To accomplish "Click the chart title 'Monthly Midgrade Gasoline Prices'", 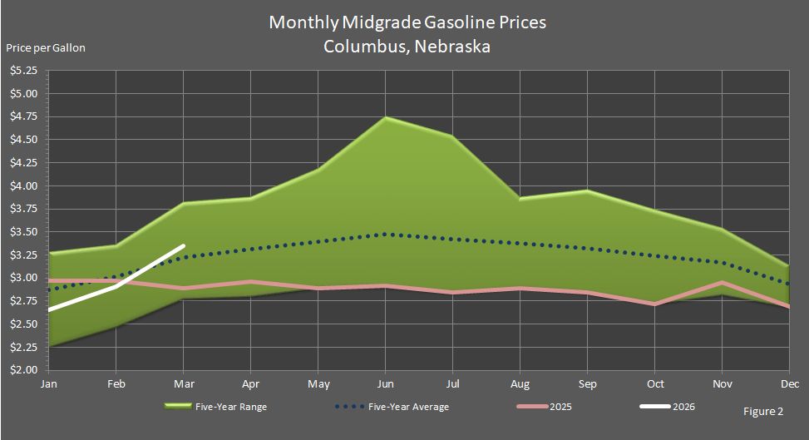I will pyautogui.click(x=407, y=22).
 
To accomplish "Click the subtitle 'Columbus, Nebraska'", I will pyautogui.click(x=407, y=47).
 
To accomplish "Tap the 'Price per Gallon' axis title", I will pyautogui.click(x=46, y=47).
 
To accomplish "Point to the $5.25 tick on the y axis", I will pyautogui.click(x=23, y=71).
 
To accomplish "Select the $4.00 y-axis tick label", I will pyautogui.click(x=23, y=185).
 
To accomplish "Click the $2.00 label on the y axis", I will pyautogui.click(x=23, y=369).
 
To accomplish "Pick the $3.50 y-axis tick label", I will pyautogui.click(x=23, y=231).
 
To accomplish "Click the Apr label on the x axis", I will pyautogui.click(x=251, y=385).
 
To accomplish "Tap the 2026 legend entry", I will pyautogui.click(x=668, y=408).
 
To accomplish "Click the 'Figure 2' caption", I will pyautogui.click(x=763, y=411).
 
